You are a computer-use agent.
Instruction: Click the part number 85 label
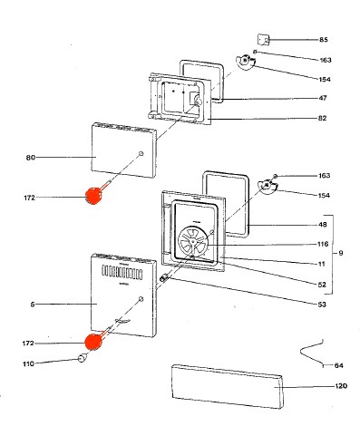click(324, 40)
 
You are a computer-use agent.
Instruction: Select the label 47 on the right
click(324, 98)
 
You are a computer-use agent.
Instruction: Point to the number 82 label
click(324, 120)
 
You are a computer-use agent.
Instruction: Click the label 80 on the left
click(31, 157)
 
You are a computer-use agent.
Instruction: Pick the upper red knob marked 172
click(93, 195)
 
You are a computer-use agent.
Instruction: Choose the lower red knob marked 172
click(93, 342)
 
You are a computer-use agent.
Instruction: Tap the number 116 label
click(323, 245)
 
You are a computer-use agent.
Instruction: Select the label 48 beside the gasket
click(324, 225)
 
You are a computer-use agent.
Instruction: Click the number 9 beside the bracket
click(339, 251)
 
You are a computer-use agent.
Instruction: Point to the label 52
click(323, 285)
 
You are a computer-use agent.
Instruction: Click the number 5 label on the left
click(33, 304)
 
